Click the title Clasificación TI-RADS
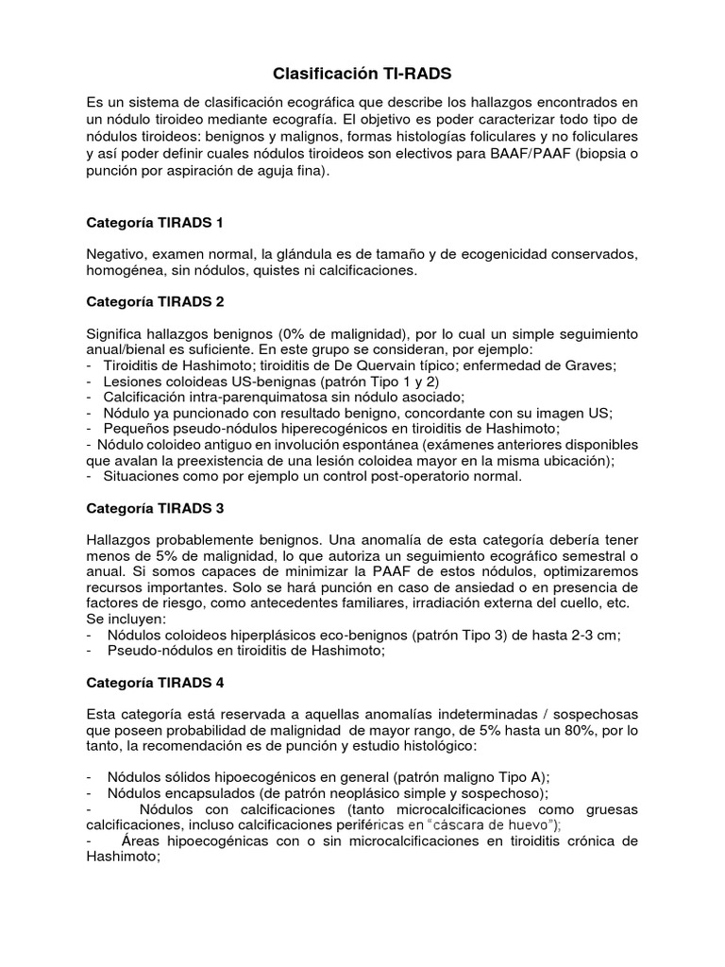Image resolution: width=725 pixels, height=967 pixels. [356, 73]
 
